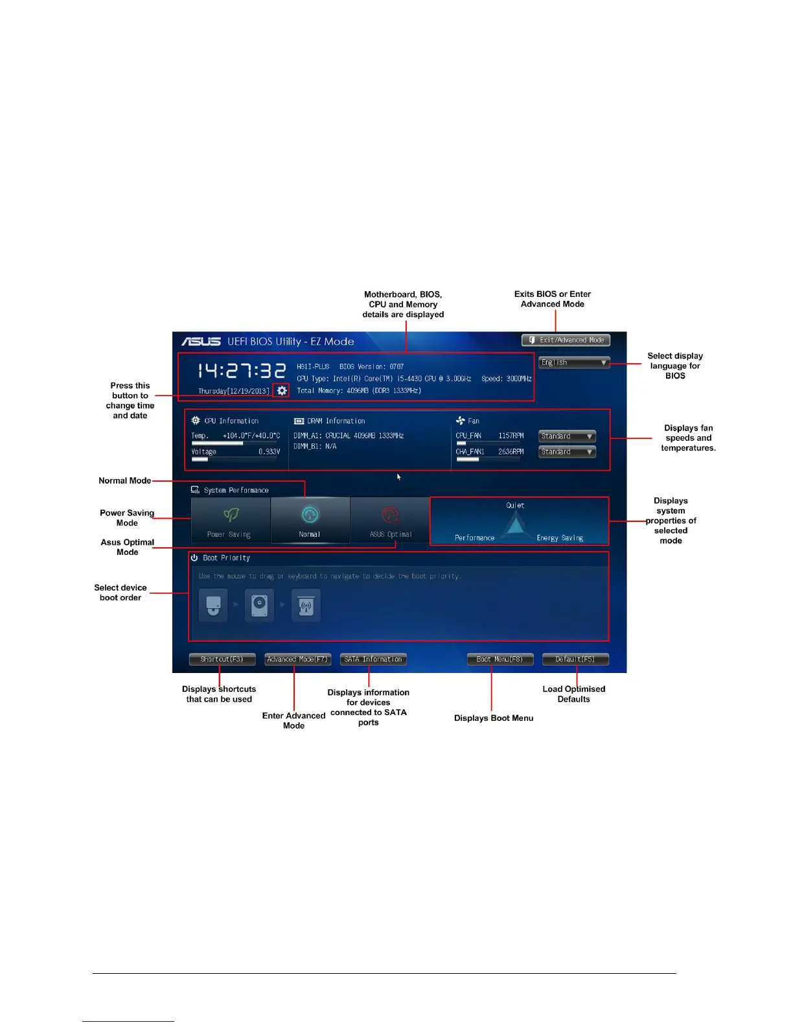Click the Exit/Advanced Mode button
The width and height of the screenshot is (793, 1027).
[x=566, y=340]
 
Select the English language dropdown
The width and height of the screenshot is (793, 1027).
[x=573, y=362]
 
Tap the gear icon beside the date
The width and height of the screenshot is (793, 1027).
[x=282, y=390]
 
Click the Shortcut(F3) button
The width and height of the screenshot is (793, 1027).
[x=222, y=659]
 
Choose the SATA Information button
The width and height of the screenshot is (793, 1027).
[x=373, y=659]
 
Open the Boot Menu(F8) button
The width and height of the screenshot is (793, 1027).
[x=500, y=659]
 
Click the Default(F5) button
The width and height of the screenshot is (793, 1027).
[x=575, y=659]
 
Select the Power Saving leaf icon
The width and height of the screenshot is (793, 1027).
[x=231, y=515]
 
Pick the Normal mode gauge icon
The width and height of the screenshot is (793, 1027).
[x=310, y=515]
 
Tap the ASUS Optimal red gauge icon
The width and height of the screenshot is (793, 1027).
[x=390, y=515]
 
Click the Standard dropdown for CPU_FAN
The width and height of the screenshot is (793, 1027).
[x=567, y=436]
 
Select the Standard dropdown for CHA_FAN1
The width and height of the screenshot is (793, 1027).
[x=567, y=452]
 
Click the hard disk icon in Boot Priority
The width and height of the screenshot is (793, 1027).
[x=259, y=606]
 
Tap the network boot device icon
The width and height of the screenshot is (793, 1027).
[x=306, y=606]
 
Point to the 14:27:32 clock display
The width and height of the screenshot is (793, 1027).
[x=242, y=371]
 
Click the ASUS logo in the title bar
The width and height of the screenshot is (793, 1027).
[x=201, y=342]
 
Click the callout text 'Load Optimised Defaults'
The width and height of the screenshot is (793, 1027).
[x=574, y=694]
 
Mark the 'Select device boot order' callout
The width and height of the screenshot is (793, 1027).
[x=121, y=593]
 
